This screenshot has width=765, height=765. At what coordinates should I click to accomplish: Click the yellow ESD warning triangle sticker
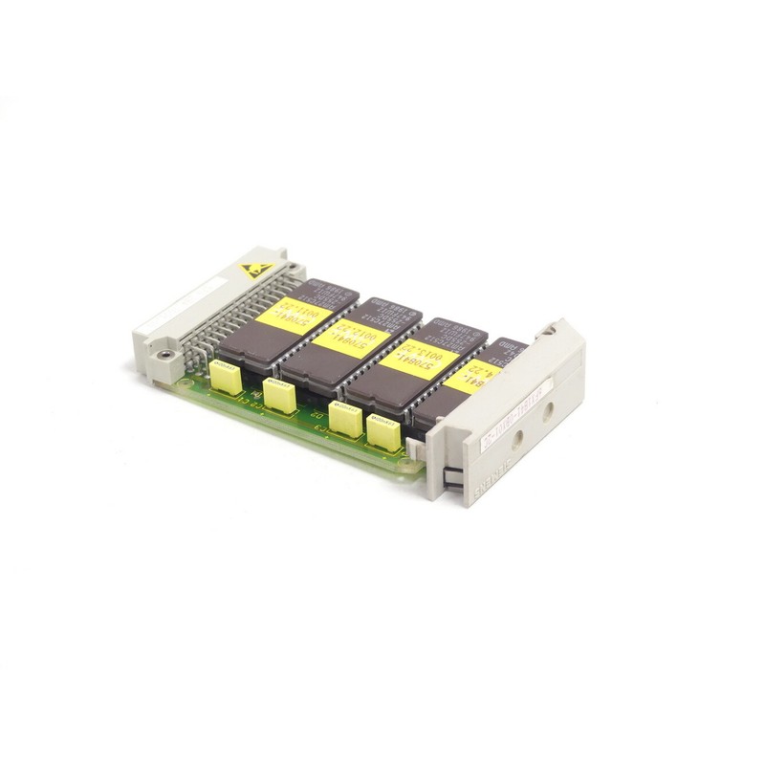255,270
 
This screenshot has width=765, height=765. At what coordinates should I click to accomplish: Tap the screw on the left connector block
167,355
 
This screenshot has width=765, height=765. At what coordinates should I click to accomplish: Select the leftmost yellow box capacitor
228,376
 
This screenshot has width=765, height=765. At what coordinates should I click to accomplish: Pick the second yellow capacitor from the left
281,394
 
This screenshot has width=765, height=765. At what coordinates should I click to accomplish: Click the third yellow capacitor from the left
344,419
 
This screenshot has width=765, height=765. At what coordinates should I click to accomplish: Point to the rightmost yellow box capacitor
382,433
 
